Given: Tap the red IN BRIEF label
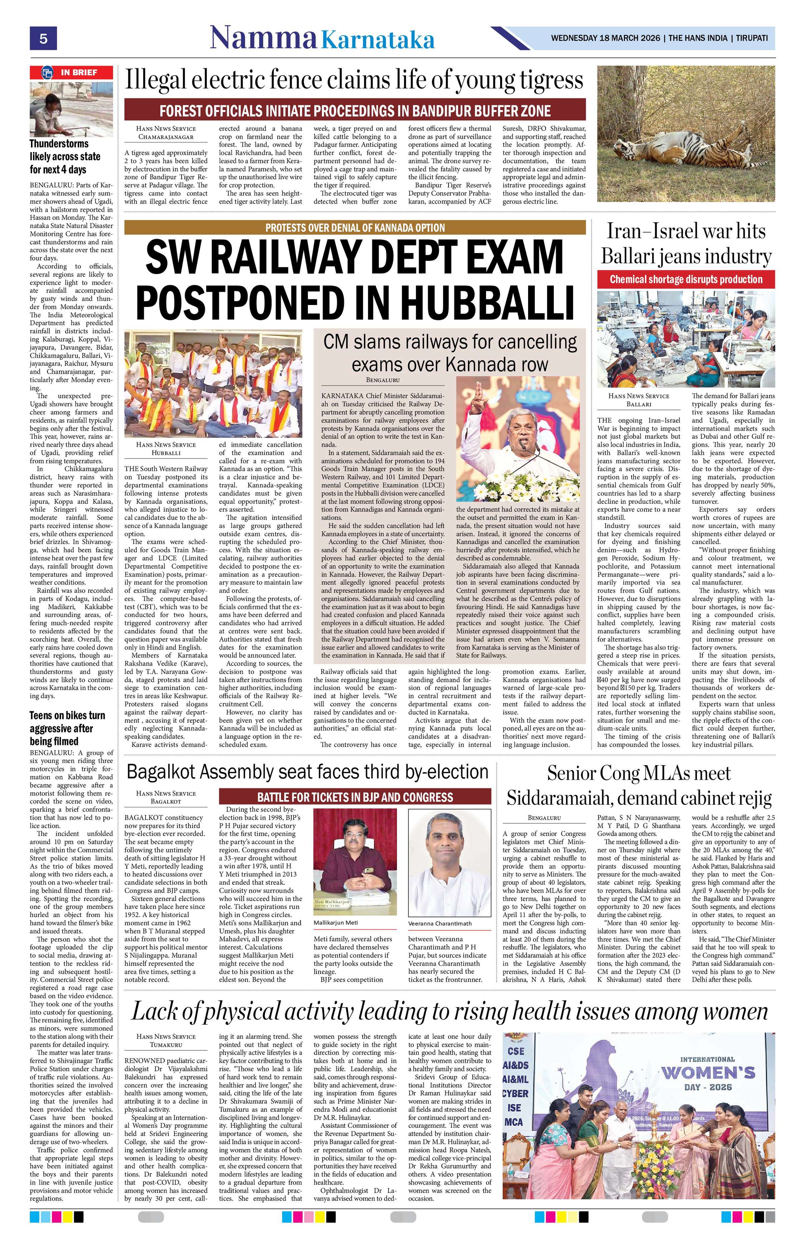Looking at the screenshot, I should coord(71,72).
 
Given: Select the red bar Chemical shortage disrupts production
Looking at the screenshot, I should coord(686,279).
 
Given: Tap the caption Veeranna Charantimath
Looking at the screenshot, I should coord(440,923).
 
